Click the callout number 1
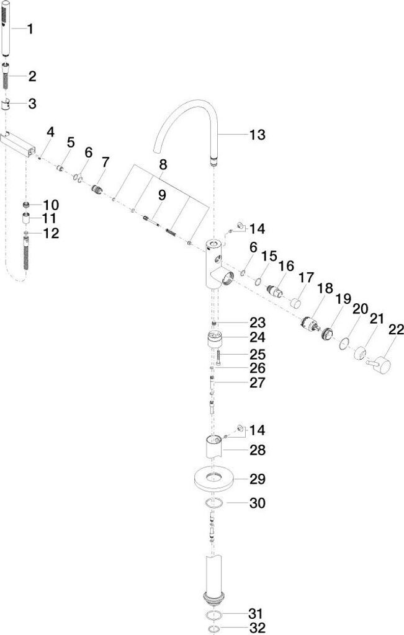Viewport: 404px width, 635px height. (30, 29)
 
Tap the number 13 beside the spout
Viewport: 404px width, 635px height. (256, 135)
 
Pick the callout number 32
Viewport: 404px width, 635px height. (256, 628)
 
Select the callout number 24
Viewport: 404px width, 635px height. (256, 338)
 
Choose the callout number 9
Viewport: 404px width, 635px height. (161, 195)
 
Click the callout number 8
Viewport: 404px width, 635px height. (163, 165)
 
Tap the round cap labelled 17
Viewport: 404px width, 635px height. (295, 304)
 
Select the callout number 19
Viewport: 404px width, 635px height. (343, 298)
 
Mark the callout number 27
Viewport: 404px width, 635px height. (256, 383)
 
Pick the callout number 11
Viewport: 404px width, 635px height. (49, 218)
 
